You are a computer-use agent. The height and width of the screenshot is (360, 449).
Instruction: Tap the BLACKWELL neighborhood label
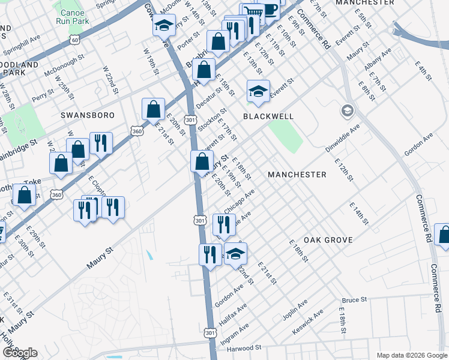268,116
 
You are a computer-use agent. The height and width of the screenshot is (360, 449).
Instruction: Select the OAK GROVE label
328,240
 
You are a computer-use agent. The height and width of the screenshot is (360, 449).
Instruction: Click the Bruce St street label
354,299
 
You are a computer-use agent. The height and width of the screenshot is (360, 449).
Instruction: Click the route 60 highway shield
74,40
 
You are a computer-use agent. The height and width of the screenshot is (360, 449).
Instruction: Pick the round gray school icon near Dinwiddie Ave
347,111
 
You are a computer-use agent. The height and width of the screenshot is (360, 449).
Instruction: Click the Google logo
20,353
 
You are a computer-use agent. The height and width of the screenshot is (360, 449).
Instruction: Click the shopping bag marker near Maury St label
202,161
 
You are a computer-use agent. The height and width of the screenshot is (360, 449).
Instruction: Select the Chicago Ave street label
240,200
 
